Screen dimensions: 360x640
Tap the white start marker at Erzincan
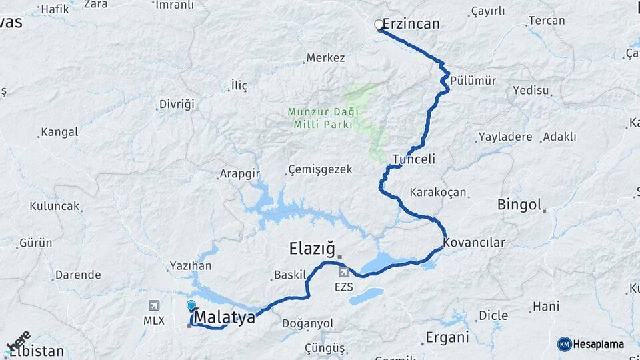point(379,25)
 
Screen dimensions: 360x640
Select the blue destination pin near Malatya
point(191,306)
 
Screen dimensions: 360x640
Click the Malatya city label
point(225,318)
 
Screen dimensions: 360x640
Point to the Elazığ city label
point(311,249)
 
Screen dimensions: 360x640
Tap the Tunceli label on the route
point(413,159)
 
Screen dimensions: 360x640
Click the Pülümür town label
point(473,81)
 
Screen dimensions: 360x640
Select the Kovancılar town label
point(474,243)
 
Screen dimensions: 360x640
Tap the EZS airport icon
point(343,271)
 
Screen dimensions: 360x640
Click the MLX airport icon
point(154,306)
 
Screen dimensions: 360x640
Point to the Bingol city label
point(519,205)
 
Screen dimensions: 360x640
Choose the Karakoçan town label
point(438,193)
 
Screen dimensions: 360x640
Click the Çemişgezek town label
point(320,169)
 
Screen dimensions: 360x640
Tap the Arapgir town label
point(239,175)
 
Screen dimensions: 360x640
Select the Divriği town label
point(177,104)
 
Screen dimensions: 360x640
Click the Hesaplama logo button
point(591,344)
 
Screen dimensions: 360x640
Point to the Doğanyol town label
point(307,323)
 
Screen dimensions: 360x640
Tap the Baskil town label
point(289,275)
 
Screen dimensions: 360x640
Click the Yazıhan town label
point(191,266)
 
